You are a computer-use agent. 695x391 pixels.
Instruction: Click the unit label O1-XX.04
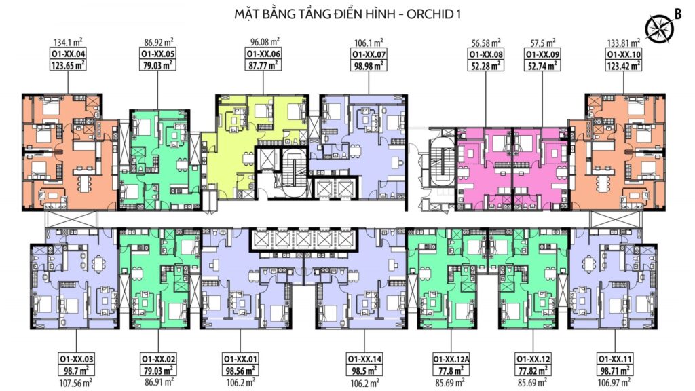click(x=68, y=54)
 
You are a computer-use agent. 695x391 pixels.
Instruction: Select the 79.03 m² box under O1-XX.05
click(x=157, y=65)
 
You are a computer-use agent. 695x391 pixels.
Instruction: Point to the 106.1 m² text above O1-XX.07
click(x=369, y=43)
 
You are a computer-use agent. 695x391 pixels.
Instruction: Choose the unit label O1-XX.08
click(x=486, y=54)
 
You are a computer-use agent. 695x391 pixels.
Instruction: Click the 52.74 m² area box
click(x=542, y=65)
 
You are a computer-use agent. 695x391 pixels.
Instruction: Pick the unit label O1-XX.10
click(x=624, y=54)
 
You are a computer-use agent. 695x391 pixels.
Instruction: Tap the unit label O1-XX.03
click(x=76, y=359)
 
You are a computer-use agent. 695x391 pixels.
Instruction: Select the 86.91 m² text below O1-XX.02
click(x=157, y=381)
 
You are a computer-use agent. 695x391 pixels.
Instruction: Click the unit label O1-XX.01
click(x=240, y=359)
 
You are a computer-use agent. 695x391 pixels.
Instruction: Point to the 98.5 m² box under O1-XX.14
click(x=364, y=370)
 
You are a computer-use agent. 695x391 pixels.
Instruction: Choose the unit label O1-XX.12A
click(x=451, y=359)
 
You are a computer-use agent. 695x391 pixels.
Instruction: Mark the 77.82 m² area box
click(x=533, y=370)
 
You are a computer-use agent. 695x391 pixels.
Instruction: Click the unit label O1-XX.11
click(x=615, y=359)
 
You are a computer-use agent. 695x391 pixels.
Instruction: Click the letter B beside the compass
click(x=678, y=14)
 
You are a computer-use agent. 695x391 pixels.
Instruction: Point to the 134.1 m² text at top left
click(x=68, y=43)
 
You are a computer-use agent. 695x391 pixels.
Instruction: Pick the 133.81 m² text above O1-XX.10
click(x=624, y=43)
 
